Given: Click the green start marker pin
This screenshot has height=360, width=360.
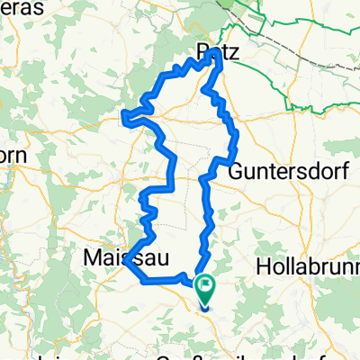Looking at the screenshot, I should (x=206, y=289).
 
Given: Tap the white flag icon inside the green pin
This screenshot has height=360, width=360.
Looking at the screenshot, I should (x=206, y=286).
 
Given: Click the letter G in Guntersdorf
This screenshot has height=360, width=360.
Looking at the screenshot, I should (x=236, y=171).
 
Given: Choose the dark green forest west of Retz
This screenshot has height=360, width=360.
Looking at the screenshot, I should (x=153, y=36).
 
